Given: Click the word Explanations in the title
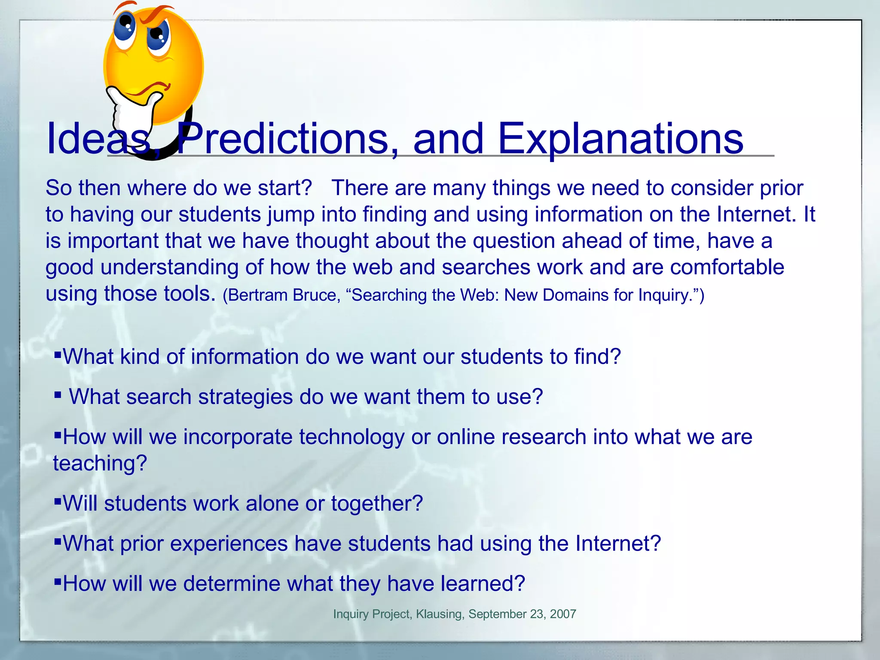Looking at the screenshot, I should [620, 139].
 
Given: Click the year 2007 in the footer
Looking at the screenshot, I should [563, 614].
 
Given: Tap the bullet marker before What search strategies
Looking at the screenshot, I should [58, 394].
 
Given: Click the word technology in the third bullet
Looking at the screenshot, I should [351, 437].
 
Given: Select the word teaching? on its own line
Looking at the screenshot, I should [100, 463].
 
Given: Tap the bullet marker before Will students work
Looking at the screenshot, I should [58, 501].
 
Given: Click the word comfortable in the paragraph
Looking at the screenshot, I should [727, 267].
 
